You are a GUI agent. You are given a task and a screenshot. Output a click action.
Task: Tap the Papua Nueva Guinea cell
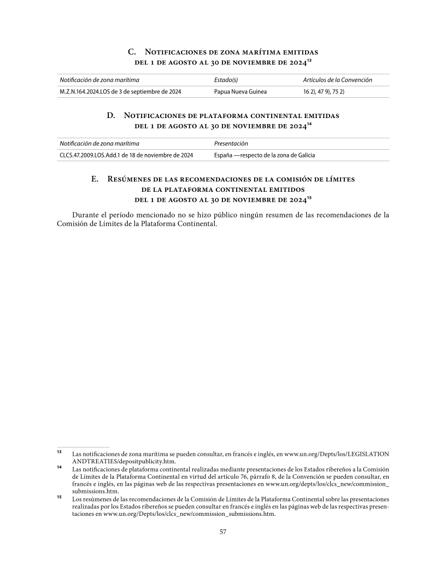click(x=240, y=92)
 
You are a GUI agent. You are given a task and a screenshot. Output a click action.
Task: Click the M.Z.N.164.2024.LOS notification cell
click(x=120, y=92)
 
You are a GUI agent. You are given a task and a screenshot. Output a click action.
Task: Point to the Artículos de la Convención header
click(x=337, y=80)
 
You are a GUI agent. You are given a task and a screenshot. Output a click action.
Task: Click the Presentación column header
click(x=231, y=144)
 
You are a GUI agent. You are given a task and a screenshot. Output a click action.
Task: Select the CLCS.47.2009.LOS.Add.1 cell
click(x=126, y=155)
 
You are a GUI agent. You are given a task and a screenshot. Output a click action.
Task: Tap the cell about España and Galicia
click(x=265, y=155)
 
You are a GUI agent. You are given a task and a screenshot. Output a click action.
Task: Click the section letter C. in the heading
click(x=132, y=52)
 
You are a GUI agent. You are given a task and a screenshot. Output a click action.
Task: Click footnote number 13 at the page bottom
click(x=60, y=452)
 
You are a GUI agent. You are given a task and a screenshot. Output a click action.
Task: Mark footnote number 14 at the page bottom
click(x=60, y=467)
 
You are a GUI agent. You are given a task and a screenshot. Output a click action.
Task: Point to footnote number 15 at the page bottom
click(x=60, y=497)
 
